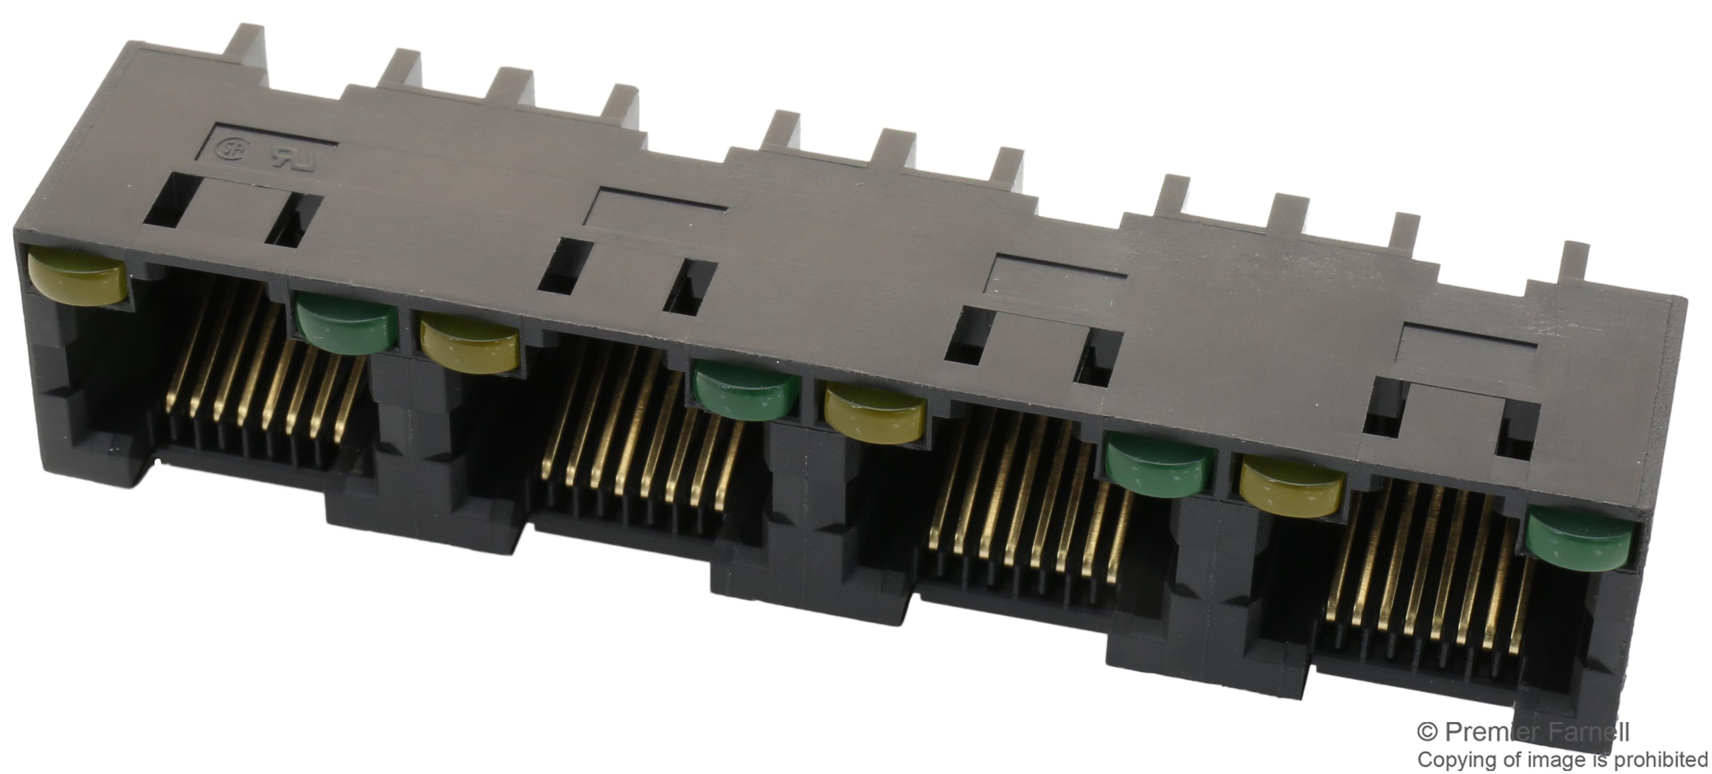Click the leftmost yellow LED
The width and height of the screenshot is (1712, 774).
click(x=77, y=276)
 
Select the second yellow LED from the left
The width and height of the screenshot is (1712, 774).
click(x=469, y=344)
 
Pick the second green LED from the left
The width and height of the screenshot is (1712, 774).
click(x=746, y=393)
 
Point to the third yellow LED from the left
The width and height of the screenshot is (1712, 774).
click(x=875, y=415)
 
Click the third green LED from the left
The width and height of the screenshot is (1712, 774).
click(x=1159, y=468)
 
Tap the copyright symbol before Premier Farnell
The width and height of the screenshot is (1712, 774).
click(x=1428, y=732)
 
